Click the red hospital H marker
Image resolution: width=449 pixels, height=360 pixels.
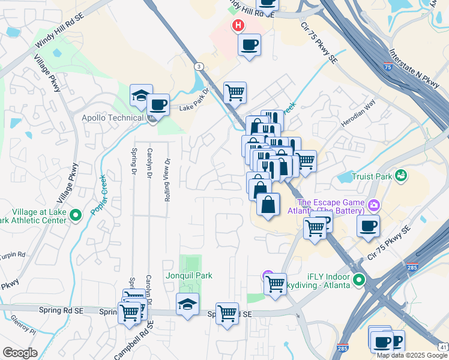tap(239, 26)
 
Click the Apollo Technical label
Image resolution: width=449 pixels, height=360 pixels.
tap(112, 118)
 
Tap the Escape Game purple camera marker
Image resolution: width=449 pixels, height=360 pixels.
tap(375, 206)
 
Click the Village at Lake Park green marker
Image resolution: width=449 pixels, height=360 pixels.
tap(76, 215)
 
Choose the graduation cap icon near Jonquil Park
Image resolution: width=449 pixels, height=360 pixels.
tap(187, 304)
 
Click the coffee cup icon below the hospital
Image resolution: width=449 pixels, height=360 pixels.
tap(249, 44)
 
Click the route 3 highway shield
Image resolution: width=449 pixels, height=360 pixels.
tap(199, 66)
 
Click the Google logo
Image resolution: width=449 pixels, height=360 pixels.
tap(20, 352)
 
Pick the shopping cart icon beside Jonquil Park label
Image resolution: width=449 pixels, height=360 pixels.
tap(276, 283)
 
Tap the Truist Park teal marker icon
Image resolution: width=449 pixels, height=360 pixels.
tap(400, 176)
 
